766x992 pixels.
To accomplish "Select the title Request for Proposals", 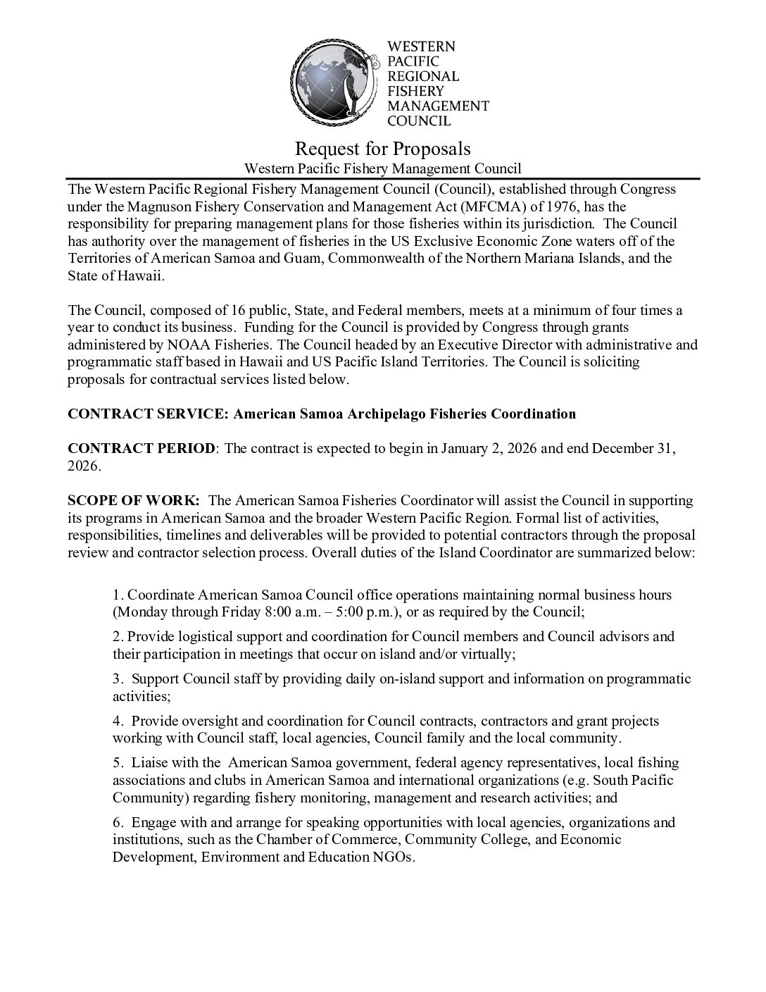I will [x=382, y=149].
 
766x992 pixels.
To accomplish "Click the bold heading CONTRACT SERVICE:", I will [x=148, y=414].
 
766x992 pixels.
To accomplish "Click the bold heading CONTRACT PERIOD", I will [x=142, y=449].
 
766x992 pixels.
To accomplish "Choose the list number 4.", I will [x=117, y=721].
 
